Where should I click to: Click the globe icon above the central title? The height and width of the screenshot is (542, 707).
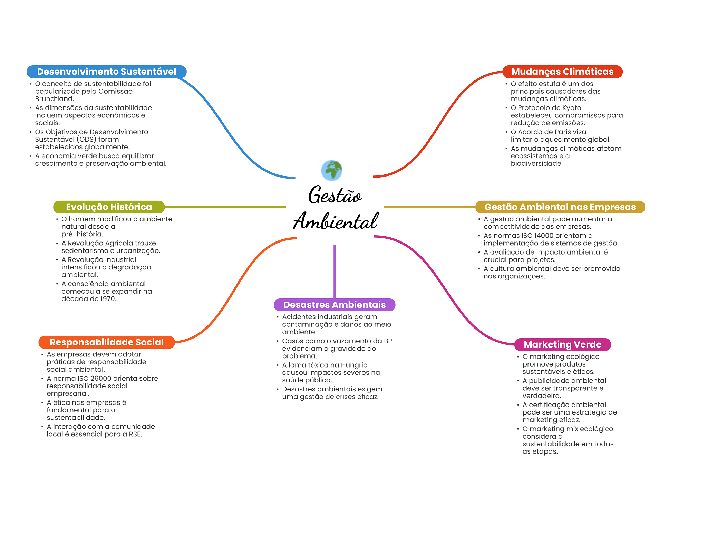point(331,170)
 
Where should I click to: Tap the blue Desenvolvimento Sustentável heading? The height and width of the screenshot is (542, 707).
point(107,72)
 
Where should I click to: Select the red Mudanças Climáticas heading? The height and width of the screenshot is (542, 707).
point(562,72)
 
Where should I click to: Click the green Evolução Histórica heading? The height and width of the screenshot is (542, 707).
point(109,207)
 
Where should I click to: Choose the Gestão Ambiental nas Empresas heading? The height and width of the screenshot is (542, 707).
point(560,207)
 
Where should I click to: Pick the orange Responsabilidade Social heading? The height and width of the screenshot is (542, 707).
point(106,342)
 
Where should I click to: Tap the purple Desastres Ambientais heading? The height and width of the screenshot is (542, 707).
point(335,305)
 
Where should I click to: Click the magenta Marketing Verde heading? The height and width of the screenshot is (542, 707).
point(562,344)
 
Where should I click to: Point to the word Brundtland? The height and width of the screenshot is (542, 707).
point(54,99)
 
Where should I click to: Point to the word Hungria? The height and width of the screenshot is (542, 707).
point(354,365)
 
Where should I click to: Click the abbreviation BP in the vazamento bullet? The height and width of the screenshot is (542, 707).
point(388,341)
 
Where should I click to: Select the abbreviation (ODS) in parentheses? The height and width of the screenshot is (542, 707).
point(86,140)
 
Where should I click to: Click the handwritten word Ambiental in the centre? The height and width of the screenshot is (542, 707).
point(336,221)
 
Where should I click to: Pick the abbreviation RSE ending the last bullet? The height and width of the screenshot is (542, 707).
point(135,434)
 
